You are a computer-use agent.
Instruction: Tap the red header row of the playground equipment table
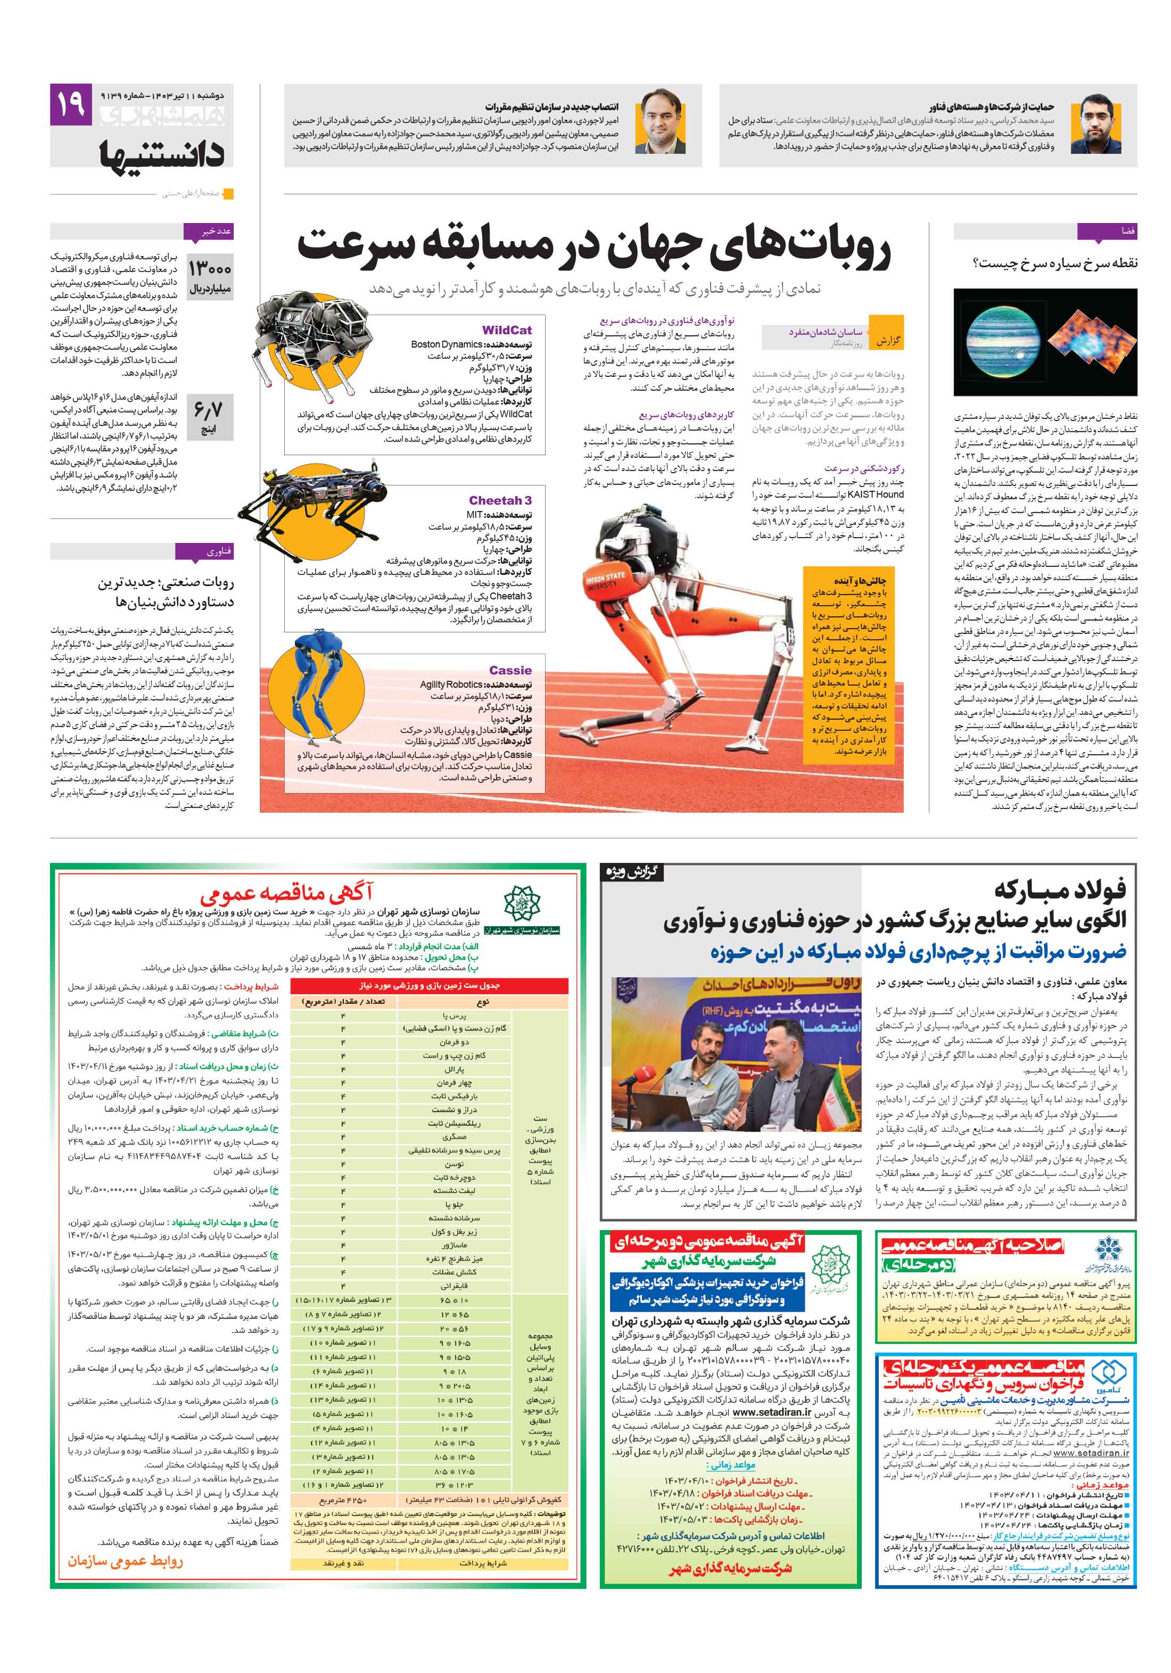click(428, 985)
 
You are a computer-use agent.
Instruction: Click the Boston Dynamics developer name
click(446, 344)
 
